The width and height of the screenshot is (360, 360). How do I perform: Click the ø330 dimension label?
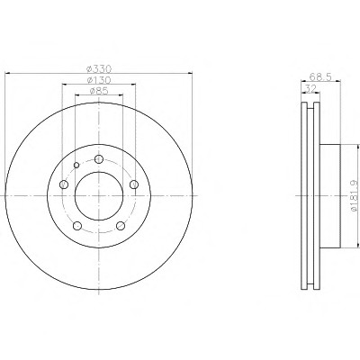(99, 69)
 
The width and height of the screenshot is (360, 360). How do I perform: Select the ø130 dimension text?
(99, 80)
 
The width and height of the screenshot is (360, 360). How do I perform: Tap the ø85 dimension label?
(99, 91)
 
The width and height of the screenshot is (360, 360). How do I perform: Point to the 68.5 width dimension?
(320, 76)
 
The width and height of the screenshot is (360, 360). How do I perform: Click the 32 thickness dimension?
(310, 88)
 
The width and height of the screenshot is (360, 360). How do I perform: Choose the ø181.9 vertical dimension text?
(354, 195)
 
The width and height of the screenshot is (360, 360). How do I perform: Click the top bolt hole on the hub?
(99, 159)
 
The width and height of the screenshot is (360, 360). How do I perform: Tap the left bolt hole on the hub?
(64, 184)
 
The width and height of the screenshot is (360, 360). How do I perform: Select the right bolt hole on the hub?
(134, 184)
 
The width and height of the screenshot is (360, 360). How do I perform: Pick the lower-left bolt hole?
(77, 226)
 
